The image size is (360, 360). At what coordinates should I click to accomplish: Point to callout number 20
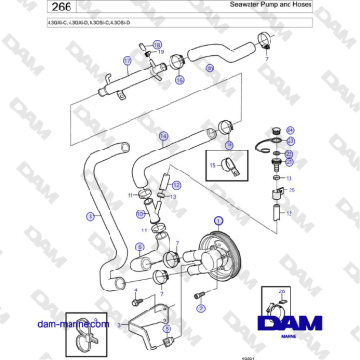210,69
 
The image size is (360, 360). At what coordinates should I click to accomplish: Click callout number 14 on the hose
163,136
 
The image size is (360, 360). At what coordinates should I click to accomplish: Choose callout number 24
290,130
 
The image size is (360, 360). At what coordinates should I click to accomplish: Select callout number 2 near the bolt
200,309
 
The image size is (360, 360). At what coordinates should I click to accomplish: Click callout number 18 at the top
158,44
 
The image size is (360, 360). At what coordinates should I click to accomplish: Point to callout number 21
290,161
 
